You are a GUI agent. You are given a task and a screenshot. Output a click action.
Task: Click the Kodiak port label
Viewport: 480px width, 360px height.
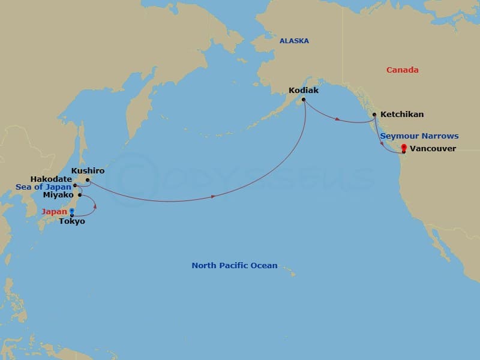click(x=303, y=91)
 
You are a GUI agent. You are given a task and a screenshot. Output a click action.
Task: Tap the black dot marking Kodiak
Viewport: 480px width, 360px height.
click(x=304, y=100)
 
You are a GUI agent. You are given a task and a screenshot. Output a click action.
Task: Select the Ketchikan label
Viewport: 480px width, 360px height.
click(x=402, y=114)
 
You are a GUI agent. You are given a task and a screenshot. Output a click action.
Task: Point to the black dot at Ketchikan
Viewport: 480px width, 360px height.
click(x=374, y=114)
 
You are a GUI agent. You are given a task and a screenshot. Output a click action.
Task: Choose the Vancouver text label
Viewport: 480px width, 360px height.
click(x=433, y=148)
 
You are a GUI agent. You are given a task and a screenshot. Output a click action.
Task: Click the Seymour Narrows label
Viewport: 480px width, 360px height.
click(x=419, y=136)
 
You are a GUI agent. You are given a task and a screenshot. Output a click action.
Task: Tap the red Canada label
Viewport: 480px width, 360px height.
click(x=402, y=70)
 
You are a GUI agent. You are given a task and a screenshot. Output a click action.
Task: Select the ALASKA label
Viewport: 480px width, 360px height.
click(x=294, y=41)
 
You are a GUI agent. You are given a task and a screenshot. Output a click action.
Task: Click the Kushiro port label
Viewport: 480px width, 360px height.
click(x=88, y=171)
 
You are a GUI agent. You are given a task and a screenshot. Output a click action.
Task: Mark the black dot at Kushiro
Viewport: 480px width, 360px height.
click(x=88, y=179)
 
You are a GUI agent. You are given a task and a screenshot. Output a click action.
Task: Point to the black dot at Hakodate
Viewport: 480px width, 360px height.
click(x=75, y=186)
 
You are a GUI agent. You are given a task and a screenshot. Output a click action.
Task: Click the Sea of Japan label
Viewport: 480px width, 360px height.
click(x=44, y=187)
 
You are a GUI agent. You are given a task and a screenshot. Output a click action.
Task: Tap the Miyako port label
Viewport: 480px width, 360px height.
click(x=58, y=195)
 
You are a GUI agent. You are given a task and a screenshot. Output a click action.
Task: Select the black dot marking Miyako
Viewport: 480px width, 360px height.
click(x=79, y=194)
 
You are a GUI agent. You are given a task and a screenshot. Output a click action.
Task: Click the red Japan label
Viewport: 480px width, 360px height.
click(x=55, y=211)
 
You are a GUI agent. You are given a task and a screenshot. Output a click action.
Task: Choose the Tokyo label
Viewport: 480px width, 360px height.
click(x=71, y=221)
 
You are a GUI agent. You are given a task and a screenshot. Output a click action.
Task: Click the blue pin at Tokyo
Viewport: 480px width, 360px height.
click(x=71, y=212)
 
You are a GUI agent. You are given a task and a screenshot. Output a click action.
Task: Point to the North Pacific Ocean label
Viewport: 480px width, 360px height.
click(x=235, y=265)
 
